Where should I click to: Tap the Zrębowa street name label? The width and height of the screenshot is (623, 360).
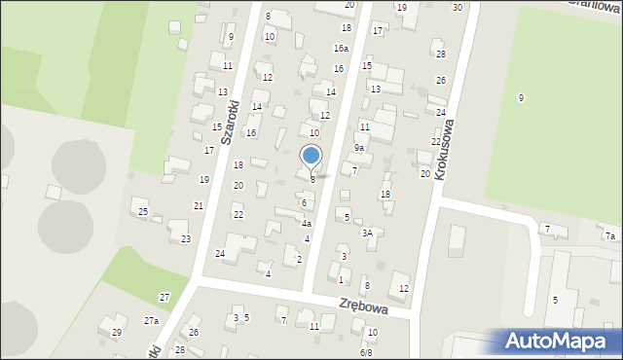pos(364,306)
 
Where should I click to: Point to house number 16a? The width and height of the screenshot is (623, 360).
pos(341,48)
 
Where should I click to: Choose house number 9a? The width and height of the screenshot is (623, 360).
pos(359,148)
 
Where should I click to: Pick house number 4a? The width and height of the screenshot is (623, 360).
pos(306,224)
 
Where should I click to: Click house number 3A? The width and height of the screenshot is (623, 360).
pos(367,233)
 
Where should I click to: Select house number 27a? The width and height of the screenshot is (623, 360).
pos(151,320)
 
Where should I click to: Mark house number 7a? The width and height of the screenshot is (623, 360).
pos(610,236)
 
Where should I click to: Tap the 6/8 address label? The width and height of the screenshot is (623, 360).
pos(366,352)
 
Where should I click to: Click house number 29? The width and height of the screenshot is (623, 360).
pos(117,333)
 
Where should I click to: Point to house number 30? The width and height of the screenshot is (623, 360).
pos(458,7)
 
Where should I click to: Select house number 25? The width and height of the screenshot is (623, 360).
pos(143,212)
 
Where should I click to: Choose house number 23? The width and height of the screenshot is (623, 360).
pos(186,238)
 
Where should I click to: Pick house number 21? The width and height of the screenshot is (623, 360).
pos(199,205)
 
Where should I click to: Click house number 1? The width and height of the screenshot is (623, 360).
pos(341,279)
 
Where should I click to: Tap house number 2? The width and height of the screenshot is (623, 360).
pos(299,259)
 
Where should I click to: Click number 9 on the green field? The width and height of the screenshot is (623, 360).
pos(521,97)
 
